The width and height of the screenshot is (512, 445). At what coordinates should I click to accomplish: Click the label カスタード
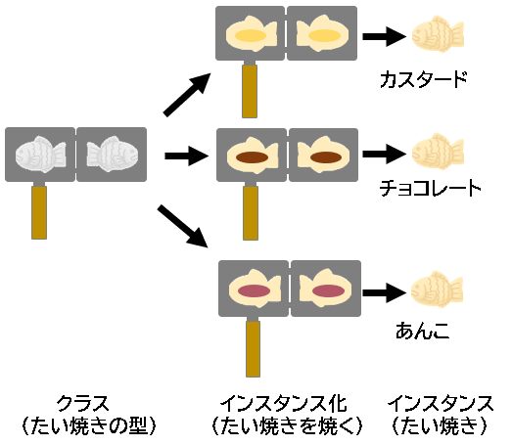click(x=424, y=79)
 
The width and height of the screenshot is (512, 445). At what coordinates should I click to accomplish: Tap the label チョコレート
click(x=430, y=188)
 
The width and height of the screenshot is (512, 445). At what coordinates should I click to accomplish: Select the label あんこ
click(x=423, y=331)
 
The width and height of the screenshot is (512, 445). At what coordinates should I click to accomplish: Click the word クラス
click(x=82, y=404)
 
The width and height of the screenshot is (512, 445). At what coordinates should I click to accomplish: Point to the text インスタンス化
click(x=284, y=404)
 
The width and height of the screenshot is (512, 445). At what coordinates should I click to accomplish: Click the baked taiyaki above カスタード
click(x=438, y=34)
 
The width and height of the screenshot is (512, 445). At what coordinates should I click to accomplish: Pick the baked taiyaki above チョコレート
click(x=438, y=152)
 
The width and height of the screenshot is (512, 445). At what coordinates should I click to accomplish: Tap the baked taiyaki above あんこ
click(x=438, y=289)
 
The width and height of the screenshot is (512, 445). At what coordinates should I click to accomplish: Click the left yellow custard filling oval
click(x=251, y=35)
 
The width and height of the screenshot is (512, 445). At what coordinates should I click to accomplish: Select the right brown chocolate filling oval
click(x=326, y=157)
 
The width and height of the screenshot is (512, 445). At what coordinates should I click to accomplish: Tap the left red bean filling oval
click(x=254, y=290)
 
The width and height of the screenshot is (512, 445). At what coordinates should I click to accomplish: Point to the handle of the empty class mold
click(x=39, y=212)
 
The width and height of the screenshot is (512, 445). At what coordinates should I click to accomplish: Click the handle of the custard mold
click(x=250, y=91)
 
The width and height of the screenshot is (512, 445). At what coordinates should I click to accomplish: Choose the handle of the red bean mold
click(x=253, y=349)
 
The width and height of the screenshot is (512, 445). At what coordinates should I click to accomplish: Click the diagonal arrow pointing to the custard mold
click(x=187, y=95)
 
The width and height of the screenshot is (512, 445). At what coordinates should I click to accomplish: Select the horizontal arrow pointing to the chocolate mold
click(x=186, y=156)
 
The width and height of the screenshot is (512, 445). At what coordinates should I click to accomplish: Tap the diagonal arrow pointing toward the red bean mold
click(x=183, y=226)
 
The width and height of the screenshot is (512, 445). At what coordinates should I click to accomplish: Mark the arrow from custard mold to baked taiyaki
click(x=385, y=36)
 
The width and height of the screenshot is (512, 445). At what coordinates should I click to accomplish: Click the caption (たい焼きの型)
click(x=89, y=425)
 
